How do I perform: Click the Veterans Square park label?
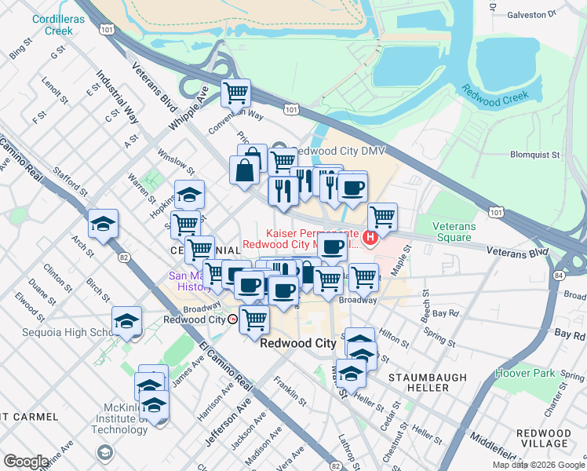tap(454, 232)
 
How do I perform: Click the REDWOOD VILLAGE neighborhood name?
tap(543, 438)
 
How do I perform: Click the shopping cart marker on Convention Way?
tap(235, 93)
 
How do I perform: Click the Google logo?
tap(26, 462)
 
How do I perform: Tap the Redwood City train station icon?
tap(232, 319)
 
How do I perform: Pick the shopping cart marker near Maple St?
tap(382, 217)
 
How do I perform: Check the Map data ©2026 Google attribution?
tap(538, 465)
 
